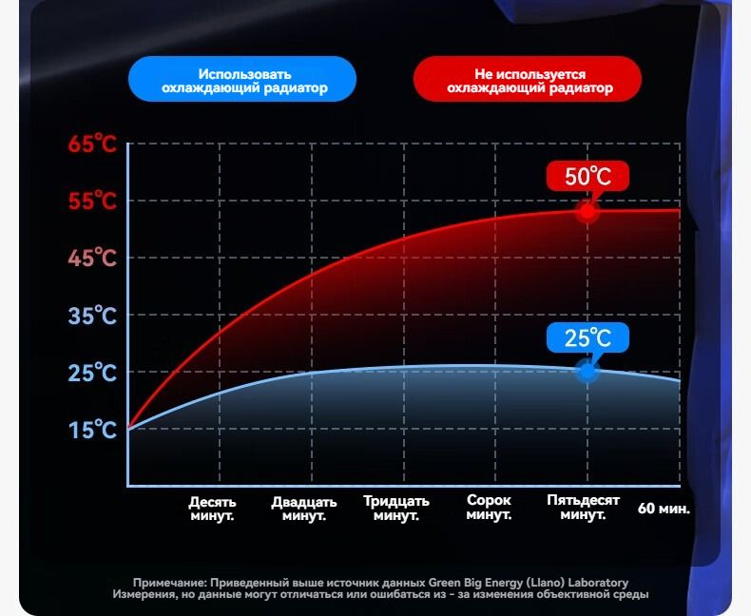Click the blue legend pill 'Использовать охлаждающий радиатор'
point(242,79)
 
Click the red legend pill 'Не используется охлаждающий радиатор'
point(528,79)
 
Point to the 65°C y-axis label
point(92,144)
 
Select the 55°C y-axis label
point(92,201)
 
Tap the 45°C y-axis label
point(92,259)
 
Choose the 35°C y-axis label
point(92,316)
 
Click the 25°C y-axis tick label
point(92,373)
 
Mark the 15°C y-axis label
point(92,430)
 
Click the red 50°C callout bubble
point(587,176)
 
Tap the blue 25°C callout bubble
point(587,337)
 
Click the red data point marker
point(587,211)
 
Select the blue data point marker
point(587,371)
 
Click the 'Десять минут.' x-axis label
point(212,509)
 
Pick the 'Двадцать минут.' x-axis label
point(304,509)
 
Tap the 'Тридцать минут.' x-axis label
point(396,509)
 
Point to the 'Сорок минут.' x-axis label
point(489,508)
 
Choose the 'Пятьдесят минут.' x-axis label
point(584,508)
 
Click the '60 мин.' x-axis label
point(664,509)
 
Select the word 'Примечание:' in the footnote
point(170,584)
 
